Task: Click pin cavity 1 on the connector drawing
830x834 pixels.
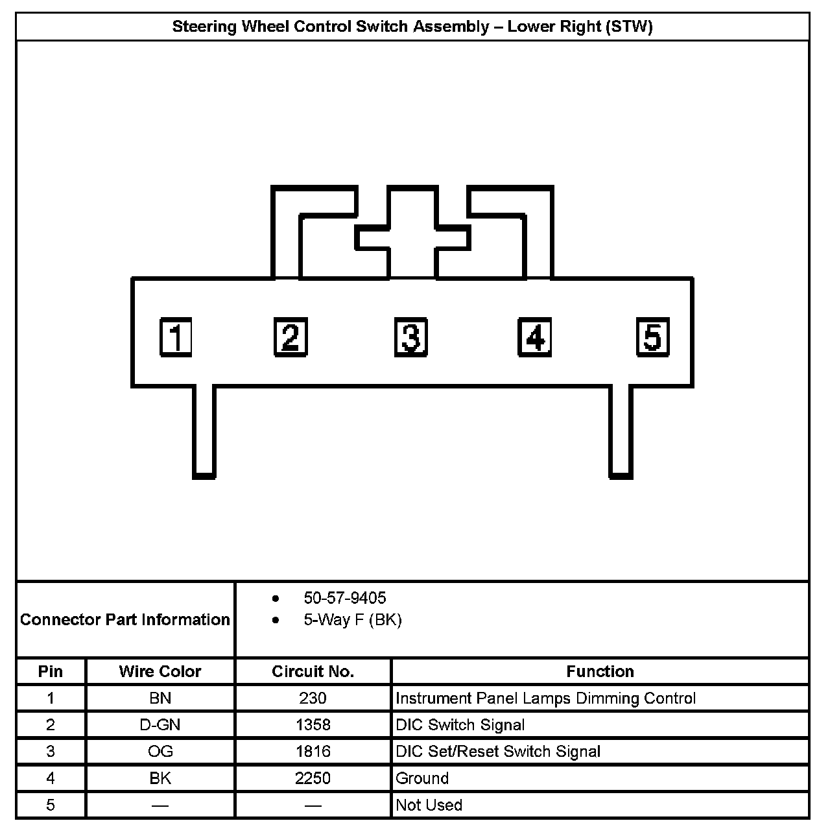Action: (x=176, y=337)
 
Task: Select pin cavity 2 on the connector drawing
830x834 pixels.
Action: (x=290, y=337)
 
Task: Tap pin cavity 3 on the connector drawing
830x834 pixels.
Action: (x=411, y=337)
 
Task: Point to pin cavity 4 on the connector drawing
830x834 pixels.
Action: (x=534, y=337)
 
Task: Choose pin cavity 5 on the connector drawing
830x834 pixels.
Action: (x=652, y=337)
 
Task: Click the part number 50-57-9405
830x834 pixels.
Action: (x=344, y=598)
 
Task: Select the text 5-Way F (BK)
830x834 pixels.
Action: (x=352, y=620)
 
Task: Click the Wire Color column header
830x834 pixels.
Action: (x=160, y=671)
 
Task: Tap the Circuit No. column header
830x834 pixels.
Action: (x=313, y=671)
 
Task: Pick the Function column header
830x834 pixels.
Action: (x=600, y=671)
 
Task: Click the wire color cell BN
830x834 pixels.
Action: (x=160, y=698)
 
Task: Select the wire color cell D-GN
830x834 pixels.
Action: (x=160, y=725)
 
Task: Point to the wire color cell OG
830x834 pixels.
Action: (x=160, y=752)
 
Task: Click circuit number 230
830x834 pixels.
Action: (x=313, y=698)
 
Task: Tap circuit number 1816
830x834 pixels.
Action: (x=313, y=752)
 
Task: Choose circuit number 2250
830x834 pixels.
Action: (x=313, y=778)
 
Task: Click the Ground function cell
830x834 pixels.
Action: (x=422, y=778)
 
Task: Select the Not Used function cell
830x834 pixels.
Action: (x=429, y=805)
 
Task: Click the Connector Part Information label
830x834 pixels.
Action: (x=125, y=620)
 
